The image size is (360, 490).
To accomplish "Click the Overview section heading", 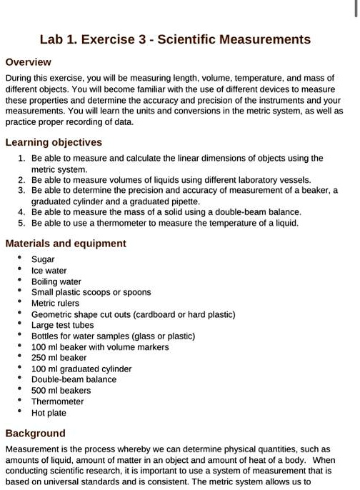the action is point(28,62).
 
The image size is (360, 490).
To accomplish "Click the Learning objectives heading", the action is point(54,142).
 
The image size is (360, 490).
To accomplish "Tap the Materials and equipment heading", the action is point(66,244).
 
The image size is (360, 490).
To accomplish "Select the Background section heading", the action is point(35,433).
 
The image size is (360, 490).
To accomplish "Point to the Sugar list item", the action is point(43,260).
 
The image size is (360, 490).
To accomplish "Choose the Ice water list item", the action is point(49,271).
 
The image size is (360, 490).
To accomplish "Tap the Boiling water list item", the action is point(56,281).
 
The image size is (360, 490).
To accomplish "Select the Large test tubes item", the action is point(63,325).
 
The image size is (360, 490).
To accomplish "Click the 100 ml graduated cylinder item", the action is point(81,369).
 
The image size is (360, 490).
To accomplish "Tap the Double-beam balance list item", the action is point(74,380).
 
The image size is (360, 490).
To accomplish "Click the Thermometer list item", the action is point(58,401).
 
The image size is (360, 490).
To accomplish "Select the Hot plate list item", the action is point(49,413).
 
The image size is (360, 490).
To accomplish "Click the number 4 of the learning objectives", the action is point(21,212).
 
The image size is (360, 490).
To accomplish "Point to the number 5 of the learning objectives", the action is point(21,223).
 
